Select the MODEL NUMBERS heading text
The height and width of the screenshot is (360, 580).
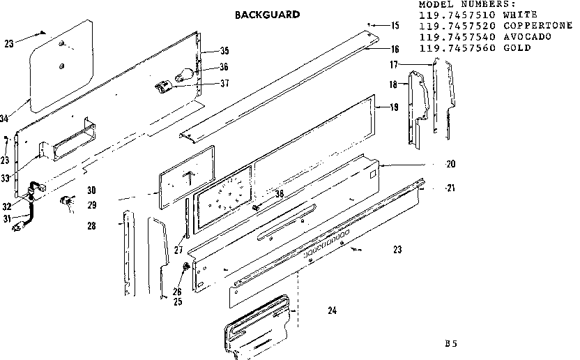(466, 3)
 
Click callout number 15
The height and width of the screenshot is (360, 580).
(395, 26)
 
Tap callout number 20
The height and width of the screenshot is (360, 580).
(450, 165)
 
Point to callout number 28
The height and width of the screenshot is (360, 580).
(92, 226)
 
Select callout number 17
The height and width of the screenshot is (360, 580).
(394, 64)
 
